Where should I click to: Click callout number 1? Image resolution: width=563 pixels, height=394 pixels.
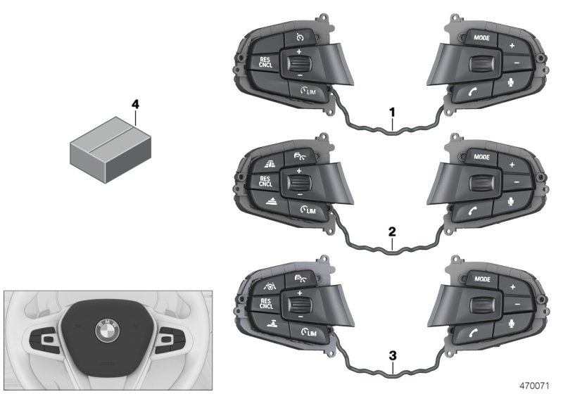[392, 112]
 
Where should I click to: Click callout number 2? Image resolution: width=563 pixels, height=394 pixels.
[392, 231]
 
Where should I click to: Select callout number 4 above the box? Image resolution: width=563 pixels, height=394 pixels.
[136, 105]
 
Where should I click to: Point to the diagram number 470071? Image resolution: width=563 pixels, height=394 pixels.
[540, 386]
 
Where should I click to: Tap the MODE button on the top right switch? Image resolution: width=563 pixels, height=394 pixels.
[482, 38]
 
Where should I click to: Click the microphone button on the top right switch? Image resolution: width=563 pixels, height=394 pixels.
[512, 82]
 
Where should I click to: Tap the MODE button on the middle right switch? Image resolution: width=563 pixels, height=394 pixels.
[482, 157]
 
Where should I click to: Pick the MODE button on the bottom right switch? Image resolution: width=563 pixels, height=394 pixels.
[482, 279]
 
